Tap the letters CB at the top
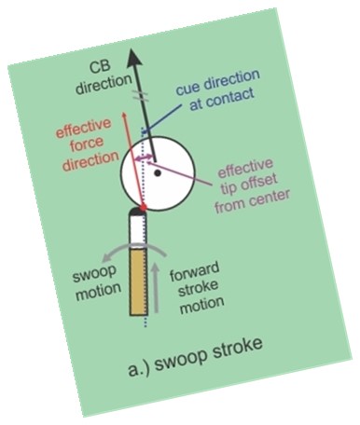point(100,67)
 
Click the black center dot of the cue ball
point(158,173)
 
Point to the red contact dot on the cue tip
point(143,207)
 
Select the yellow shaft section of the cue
point(138,281)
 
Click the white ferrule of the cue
point(138,229)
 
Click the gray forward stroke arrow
point(157,287)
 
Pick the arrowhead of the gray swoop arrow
point(106,257)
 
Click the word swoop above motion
point(94,274)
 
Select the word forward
point(195,272)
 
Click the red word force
point(87,144)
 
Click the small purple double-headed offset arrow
point(145,158)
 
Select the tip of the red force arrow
point(124,114)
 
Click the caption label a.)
point(139,369)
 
